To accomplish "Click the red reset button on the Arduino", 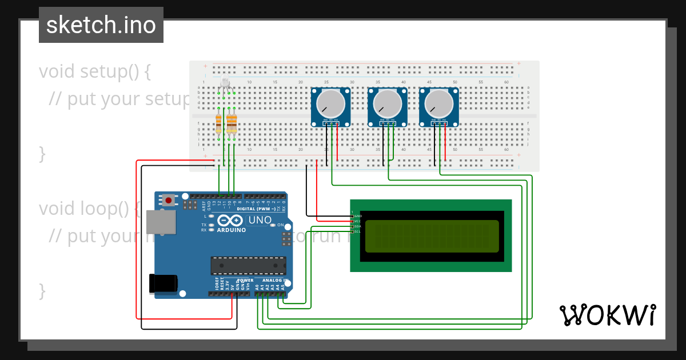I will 169,200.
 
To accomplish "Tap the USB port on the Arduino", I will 160,222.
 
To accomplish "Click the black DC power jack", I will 163,284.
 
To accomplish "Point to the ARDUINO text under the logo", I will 231,230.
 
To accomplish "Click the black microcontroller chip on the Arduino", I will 248,266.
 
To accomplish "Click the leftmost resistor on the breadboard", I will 218,123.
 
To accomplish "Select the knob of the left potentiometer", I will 330,103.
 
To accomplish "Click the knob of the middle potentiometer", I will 387,103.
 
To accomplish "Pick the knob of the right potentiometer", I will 438,103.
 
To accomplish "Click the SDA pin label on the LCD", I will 357,226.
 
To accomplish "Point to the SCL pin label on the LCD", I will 357,231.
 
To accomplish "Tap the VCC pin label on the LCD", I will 357,221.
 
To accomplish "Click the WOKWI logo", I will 607,315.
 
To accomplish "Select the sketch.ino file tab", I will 101,25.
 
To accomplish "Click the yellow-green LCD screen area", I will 432,236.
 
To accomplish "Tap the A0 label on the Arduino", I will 257,287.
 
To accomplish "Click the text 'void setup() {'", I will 95,71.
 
